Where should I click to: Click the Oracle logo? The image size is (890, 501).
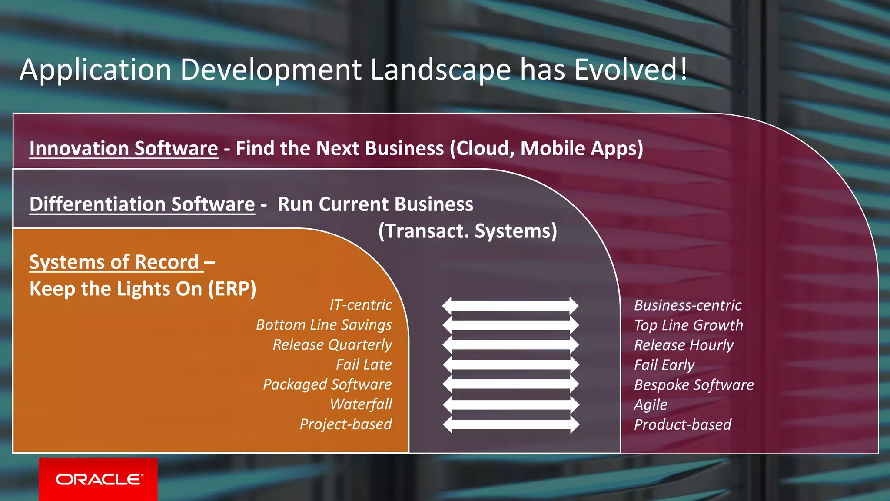click(x=99, y=479)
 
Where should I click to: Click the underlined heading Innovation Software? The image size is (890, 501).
click(x=123, y=149)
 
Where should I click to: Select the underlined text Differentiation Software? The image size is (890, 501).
click(x=142, y=204)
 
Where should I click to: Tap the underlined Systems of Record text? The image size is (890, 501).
click(x=114, y=262)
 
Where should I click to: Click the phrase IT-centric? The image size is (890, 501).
click(x=360, y=305)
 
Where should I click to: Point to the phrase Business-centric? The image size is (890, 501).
click(x=687, y=305)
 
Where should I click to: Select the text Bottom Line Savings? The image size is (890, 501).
click(x=324, y=325)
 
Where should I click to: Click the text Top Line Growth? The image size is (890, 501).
click(x=688, y=325)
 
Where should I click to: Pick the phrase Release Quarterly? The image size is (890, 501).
click(x=332, y=345)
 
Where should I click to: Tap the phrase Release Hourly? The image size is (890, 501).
click(x=684, y=345)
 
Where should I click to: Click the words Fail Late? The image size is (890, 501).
click(x=364, y=364)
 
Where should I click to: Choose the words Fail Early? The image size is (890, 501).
click(x=664, y=365)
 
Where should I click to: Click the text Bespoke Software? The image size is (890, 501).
click(x=694, y=385)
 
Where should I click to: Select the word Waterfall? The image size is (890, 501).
click(x=361, y=404)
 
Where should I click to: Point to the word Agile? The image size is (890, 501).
click(x=650, y=405)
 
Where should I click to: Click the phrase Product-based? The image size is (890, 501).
click(x=682, y=424)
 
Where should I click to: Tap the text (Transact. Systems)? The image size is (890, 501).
click(x=468, y=231)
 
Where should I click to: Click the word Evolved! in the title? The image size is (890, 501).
click(x=631, y=70)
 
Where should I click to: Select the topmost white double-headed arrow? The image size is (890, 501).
click(x=510, y=306)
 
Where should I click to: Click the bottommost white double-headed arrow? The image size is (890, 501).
click(x=511, y=424)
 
